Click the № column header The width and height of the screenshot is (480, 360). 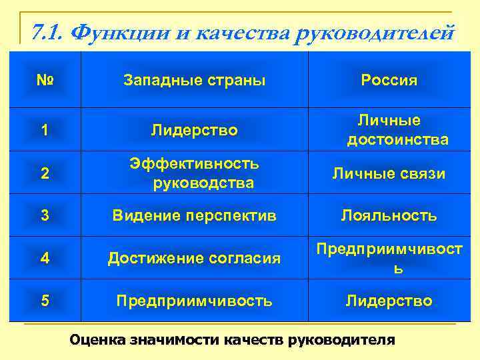pyautogui.click(x=44, y=81)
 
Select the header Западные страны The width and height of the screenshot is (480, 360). pyautogui.click(x=195, y=81)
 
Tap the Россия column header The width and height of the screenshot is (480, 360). pyautogui.click(x=389, y=81)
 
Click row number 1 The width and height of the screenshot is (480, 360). pyautogui.click(x=44, y=130)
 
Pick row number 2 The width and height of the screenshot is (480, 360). pyautogui.click(x=44, y=173)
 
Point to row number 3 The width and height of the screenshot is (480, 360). pyautogui.click(x=44, y=215)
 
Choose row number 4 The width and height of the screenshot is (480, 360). pyautogui.click(x=44, y=258)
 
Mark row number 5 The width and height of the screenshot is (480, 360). pyautogui.click(x=44, y=301)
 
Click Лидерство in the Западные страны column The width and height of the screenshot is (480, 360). pyautogui.click(x=195, y=130)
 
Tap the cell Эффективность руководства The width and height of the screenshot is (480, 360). pyautogui.click(x=195, y=173)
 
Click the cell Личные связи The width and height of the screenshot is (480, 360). pyautogui.click(x=389, y=173)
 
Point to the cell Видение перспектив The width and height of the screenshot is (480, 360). pyautogui.click(x=195, y=215)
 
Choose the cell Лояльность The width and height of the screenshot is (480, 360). pyautogui.click(x=389, y=215)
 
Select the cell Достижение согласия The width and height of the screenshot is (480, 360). pyautogui.click(x=195, y=258)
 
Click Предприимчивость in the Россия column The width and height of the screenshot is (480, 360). pyautogui.click(x=389, y=258)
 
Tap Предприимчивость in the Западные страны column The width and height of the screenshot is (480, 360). pyautogui.click(x=195, y=301)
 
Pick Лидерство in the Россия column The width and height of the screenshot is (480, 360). pyautogui.click(x=389, y=301)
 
